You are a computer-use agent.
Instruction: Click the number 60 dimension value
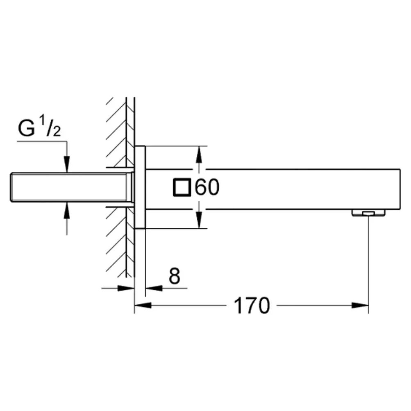207,187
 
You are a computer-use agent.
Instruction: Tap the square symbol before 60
182,187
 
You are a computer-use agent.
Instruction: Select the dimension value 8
175,276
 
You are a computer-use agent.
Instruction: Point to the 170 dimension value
251,306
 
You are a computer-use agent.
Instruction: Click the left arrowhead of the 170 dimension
143,305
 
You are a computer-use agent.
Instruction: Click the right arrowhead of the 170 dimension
360,305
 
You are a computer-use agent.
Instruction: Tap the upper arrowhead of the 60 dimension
199,154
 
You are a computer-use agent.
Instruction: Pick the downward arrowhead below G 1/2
67,164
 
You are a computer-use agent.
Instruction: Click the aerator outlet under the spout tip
368,213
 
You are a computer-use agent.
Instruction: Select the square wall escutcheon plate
140,187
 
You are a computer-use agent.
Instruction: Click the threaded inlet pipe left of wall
71,187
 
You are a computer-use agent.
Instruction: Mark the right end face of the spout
400,189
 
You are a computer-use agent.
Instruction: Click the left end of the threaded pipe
11,187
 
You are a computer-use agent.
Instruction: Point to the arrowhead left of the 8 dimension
126,288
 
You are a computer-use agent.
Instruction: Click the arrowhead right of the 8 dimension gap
154,288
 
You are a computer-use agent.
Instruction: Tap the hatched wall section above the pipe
120,132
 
